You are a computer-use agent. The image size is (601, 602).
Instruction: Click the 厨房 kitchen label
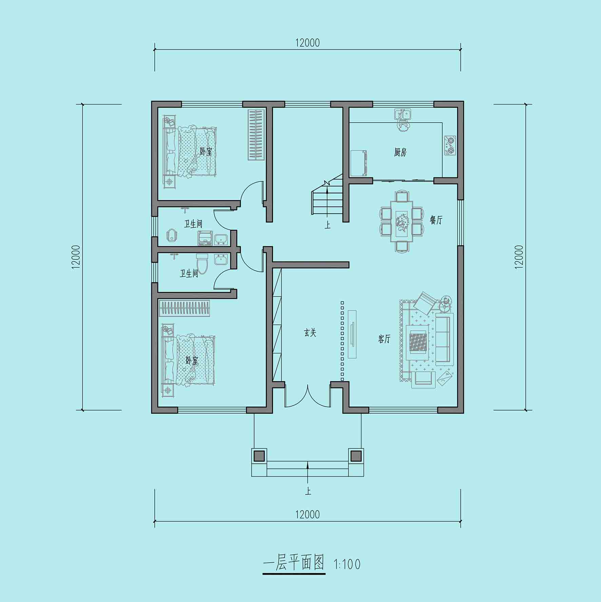400,152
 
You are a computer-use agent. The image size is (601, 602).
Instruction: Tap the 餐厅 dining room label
436,220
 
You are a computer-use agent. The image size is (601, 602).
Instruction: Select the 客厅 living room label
384,339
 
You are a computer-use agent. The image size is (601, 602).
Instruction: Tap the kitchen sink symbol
403,114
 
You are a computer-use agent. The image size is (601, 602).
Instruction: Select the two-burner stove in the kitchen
450,145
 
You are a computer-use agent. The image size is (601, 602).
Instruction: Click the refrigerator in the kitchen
359,163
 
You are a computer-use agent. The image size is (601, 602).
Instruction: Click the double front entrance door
308,396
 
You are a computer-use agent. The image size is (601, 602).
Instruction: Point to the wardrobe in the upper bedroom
256,135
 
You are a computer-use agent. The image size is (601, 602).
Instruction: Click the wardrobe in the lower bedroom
185,308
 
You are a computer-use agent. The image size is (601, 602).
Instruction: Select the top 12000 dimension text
307,43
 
